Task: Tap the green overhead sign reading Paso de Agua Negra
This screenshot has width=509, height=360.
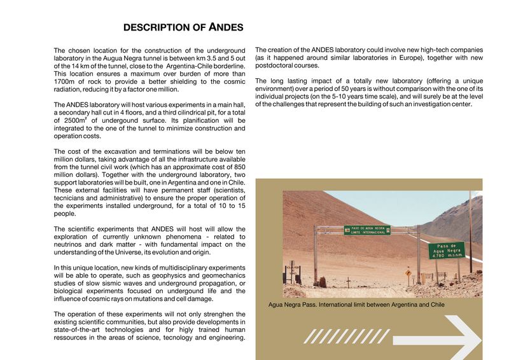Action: point(366,230)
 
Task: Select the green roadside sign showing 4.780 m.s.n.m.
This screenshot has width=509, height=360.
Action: point(446,250)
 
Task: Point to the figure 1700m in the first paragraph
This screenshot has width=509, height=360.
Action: point(64,81)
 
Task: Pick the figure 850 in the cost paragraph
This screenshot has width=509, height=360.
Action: point(237,167)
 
